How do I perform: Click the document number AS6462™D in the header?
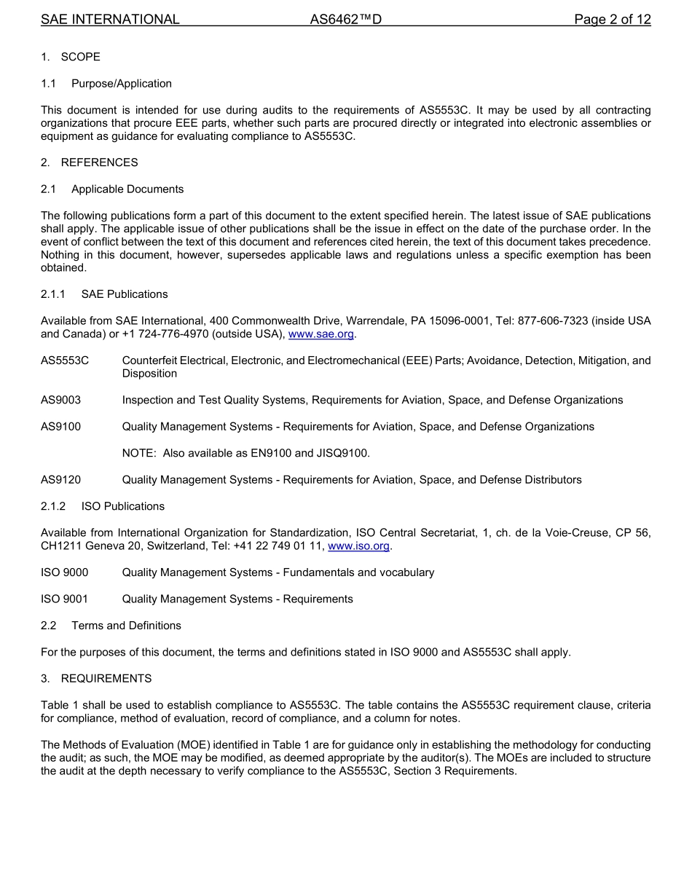[345, 20]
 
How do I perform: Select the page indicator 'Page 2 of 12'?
[612, 20]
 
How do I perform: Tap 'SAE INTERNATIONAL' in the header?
[110, 20]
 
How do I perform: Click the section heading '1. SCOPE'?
[71, 57]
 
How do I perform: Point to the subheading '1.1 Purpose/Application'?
[106, 84]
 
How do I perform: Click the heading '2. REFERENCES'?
[89, 162]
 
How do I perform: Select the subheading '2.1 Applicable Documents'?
[112, 189]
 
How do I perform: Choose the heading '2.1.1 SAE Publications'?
[104, 294]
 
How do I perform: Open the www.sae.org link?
[321, 334]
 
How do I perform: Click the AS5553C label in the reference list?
[65, 361]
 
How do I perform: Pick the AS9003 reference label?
[60, 400]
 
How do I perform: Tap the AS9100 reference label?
[60, 427]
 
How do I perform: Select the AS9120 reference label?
[60, 480]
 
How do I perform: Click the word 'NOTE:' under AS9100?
[139, 453]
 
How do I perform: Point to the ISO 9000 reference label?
[64, 572]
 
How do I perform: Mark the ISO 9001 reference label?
[64, 599]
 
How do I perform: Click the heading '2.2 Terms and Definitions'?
[111, 626]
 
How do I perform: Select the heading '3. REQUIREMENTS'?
[96, 679]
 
